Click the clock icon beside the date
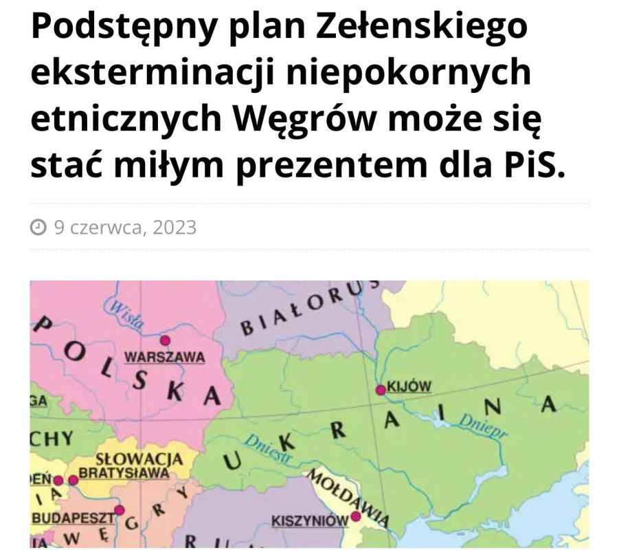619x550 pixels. tap(39, 227)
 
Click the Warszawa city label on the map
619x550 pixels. tap(164, 357)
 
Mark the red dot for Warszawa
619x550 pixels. tap(164, 340)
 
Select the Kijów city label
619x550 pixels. tap(409, 386)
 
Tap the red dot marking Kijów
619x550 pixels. tap(380, 390)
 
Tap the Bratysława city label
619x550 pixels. tap(124, 473)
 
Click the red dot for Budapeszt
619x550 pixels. tap(119, 510)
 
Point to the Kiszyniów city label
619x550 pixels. tap(310, 520)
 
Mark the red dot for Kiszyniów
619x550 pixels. tap(356, 516)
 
